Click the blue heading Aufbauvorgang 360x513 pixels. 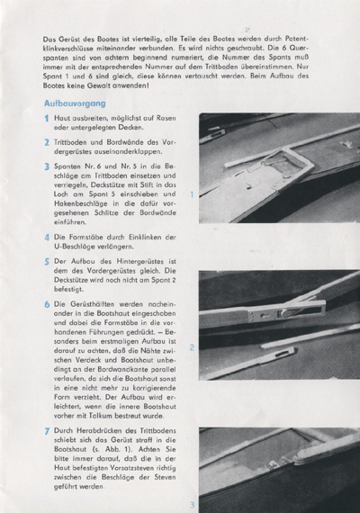(x=75, y=103)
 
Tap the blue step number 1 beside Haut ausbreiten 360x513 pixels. (x=47, y=118)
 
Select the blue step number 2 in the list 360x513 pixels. (x=47, y=142)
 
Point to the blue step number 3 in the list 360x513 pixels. (x=47, y=166)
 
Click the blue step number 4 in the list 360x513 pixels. (x=47, y=238)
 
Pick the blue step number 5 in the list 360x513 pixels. (x=47, y=262)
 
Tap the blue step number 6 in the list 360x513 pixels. (x=47, y=304)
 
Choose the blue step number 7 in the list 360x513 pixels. (x=47, y=431)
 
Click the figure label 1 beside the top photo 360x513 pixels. (x=192, y=194)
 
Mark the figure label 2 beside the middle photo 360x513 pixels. (x=192, y=347)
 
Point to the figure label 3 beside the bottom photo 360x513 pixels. (x=193, y=504)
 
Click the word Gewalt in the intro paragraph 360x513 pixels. (x=98, y=85)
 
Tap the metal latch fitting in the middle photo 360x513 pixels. (x=287, y=314)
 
